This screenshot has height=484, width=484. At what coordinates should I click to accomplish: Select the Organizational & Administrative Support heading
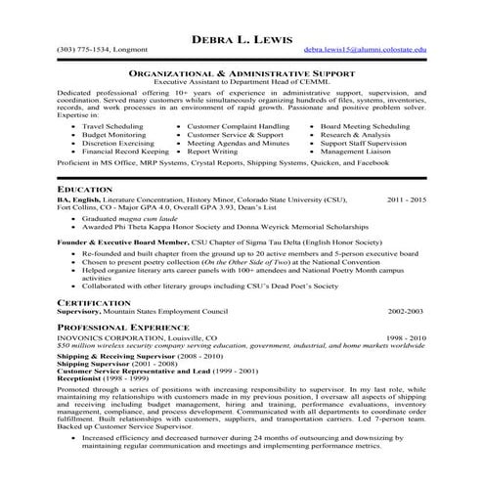click(242, 73)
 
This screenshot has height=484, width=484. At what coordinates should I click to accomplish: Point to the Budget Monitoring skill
click(115, 135)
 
